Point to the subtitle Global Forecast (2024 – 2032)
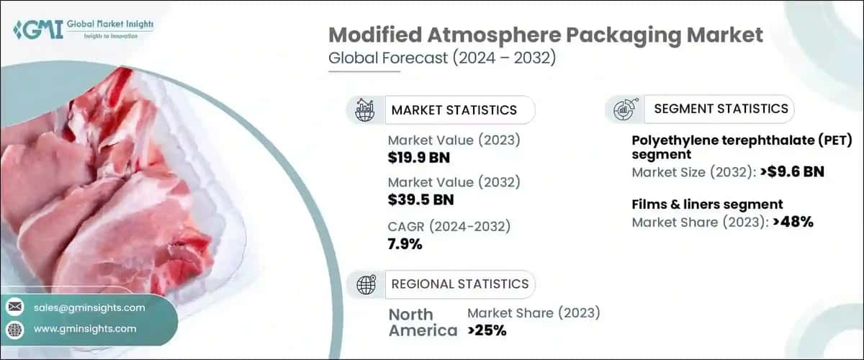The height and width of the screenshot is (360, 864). pos(441,59)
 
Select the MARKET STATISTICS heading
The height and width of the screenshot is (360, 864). pos(454,110)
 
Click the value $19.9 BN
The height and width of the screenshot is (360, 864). pos(420,158)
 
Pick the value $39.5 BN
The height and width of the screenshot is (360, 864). pos(420,199)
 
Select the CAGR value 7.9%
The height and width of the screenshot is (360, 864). pos(405,244)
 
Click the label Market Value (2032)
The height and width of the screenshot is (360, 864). pos(454,181)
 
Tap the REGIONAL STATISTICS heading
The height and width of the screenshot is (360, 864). pos(459,284)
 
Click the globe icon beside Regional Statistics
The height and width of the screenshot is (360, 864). pos(366,284)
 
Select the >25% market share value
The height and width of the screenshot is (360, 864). pos(487,330)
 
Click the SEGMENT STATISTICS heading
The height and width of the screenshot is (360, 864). pos(721,109)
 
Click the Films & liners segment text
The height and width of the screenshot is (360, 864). pos(707,204)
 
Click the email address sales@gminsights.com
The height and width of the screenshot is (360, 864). pos(89,307)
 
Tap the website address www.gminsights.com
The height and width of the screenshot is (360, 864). pos(85,329)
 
